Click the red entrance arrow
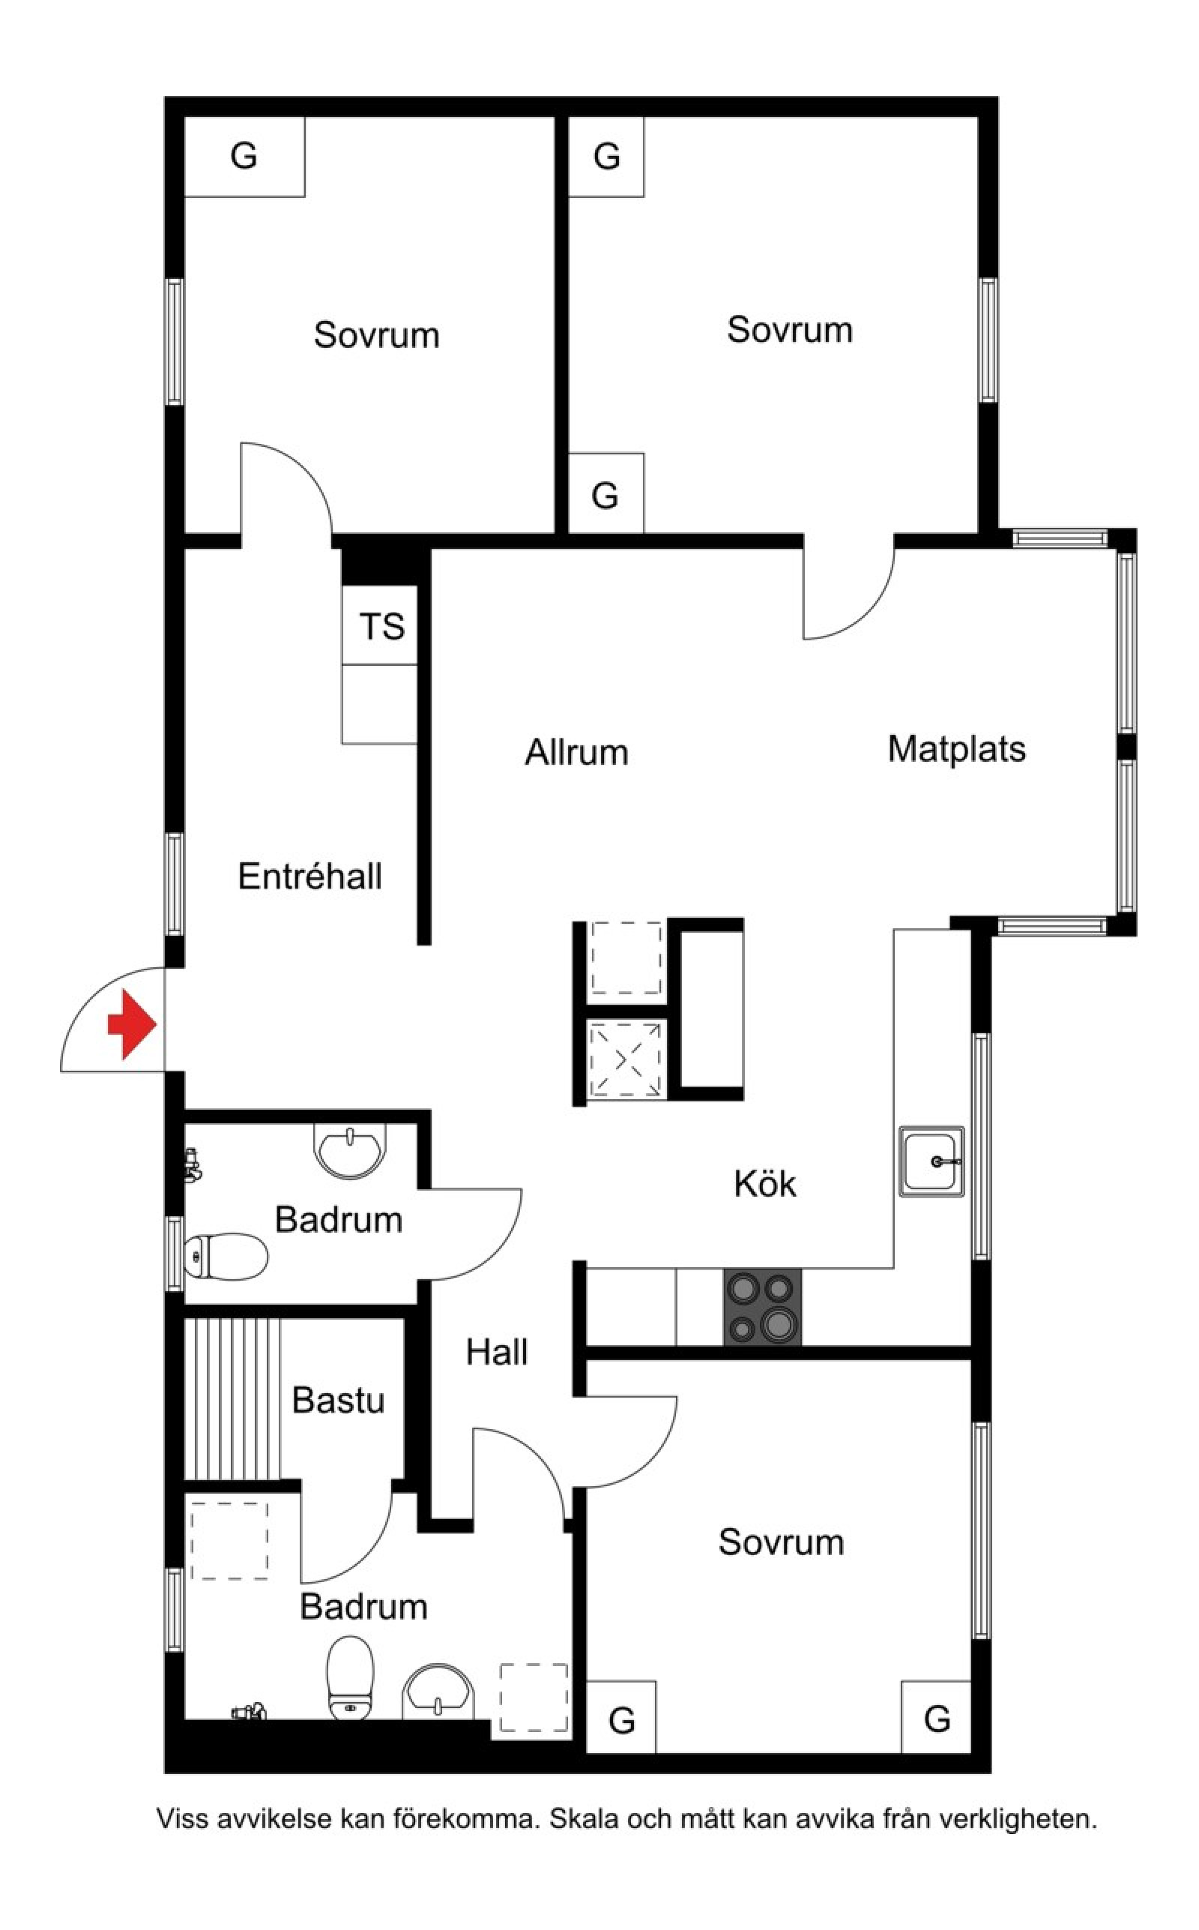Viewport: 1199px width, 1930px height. pyautogui.click(x=133, y=1024)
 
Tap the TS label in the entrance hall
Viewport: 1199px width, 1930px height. pyautogui.click(x=381, y=627)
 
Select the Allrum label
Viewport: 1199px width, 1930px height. pyautogui.click(x=576, y=752)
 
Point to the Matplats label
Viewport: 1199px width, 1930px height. pyautogui.click(x=956, y=749)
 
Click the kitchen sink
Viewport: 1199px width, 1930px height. pyautogui.click(x=931, y=1161)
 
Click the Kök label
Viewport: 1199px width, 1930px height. pyautogui.click(x=765, y=1183)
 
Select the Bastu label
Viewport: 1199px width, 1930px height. pyautogui.click(x=339, y=1400)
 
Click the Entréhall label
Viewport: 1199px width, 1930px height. pyautogui.click(x=310, y=877)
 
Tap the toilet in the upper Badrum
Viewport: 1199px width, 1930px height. pyautogui.click(x=226, y=1257)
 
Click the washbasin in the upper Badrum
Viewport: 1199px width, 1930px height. pyautogui.click(x=351, y=1150)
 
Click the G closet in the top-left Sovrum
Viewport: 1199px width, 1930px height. pyautogui.click(x=244, y=156)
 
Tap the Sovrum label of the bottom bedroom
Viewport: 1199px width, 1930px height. pyautogui.click(x=781, y=1542)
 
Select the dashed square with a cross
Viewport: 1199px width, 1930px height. pyautogui.click(x=626, y=1058)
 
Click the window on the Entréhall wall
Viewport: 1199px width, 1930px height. pyautogui.click(x=175, y=884)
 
